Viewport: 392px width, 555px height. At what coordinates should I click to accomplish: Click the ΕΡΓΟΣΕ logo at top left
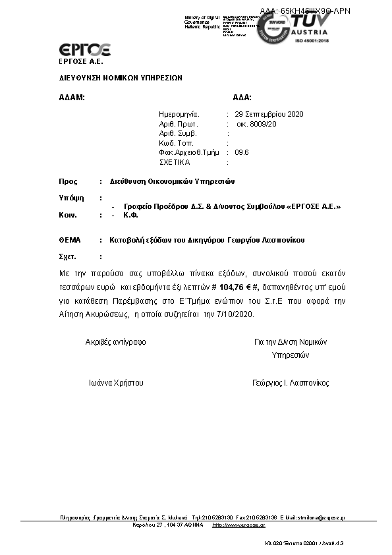(84, 49)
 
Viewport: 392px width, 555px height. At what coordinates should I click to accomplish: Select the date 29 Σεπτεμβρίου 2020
(270, 114)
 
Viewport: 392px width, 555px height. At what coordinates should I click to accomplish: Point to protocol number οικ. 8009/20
(257, 123)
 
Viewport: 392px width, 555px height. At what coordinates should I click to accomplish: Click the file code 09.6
(242, 152)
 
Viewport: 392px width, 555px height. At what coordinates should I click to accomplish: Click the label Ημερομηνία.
(179, 114)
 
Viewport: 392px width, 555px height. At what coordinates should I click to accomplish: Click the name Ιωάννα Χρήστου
(116, 382)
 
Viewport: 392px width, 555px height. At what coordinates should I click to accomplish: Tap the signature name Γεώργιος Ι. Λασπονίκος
(291, 382)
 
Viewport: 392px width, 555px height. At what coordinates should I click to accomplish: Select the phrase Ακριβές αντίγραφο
(116, 342)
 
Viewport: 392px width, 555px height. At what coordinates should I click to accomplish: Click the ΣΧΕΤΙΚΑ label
(175, 161)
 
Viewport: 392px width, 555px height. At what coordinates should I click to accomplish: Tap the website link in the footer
(238, 525)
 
